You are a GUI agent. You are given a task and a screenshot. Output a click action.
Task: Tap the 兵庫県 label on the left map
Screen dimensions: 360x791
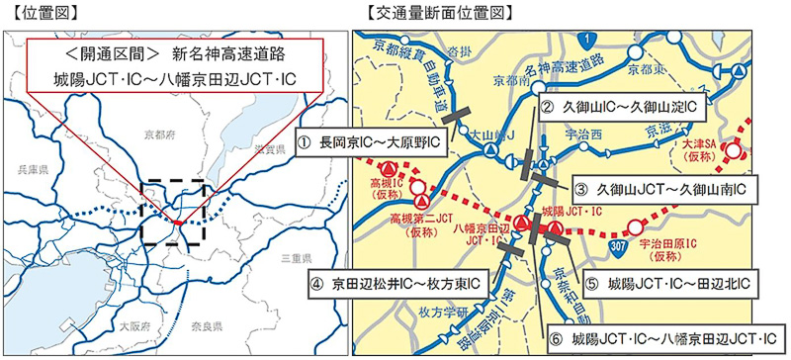tap(31, 172)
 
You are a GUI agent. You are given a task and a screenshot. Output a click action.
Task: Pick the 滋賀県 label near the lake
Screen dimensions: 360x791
tap(267, 147)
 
